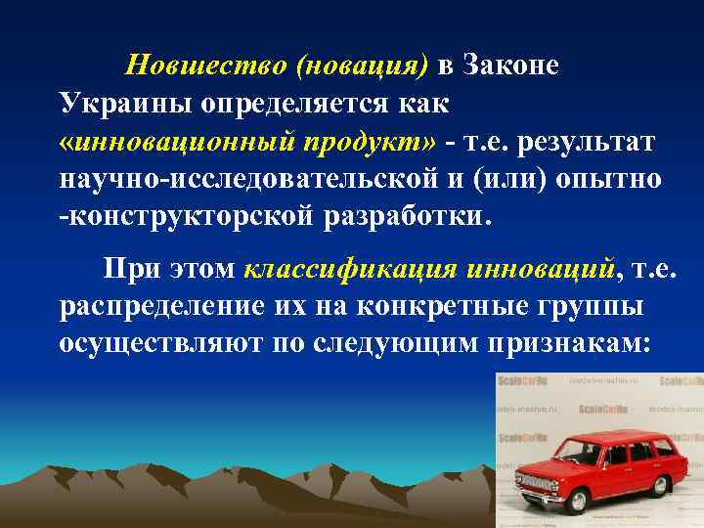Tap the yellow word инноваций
pos(545,269)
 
